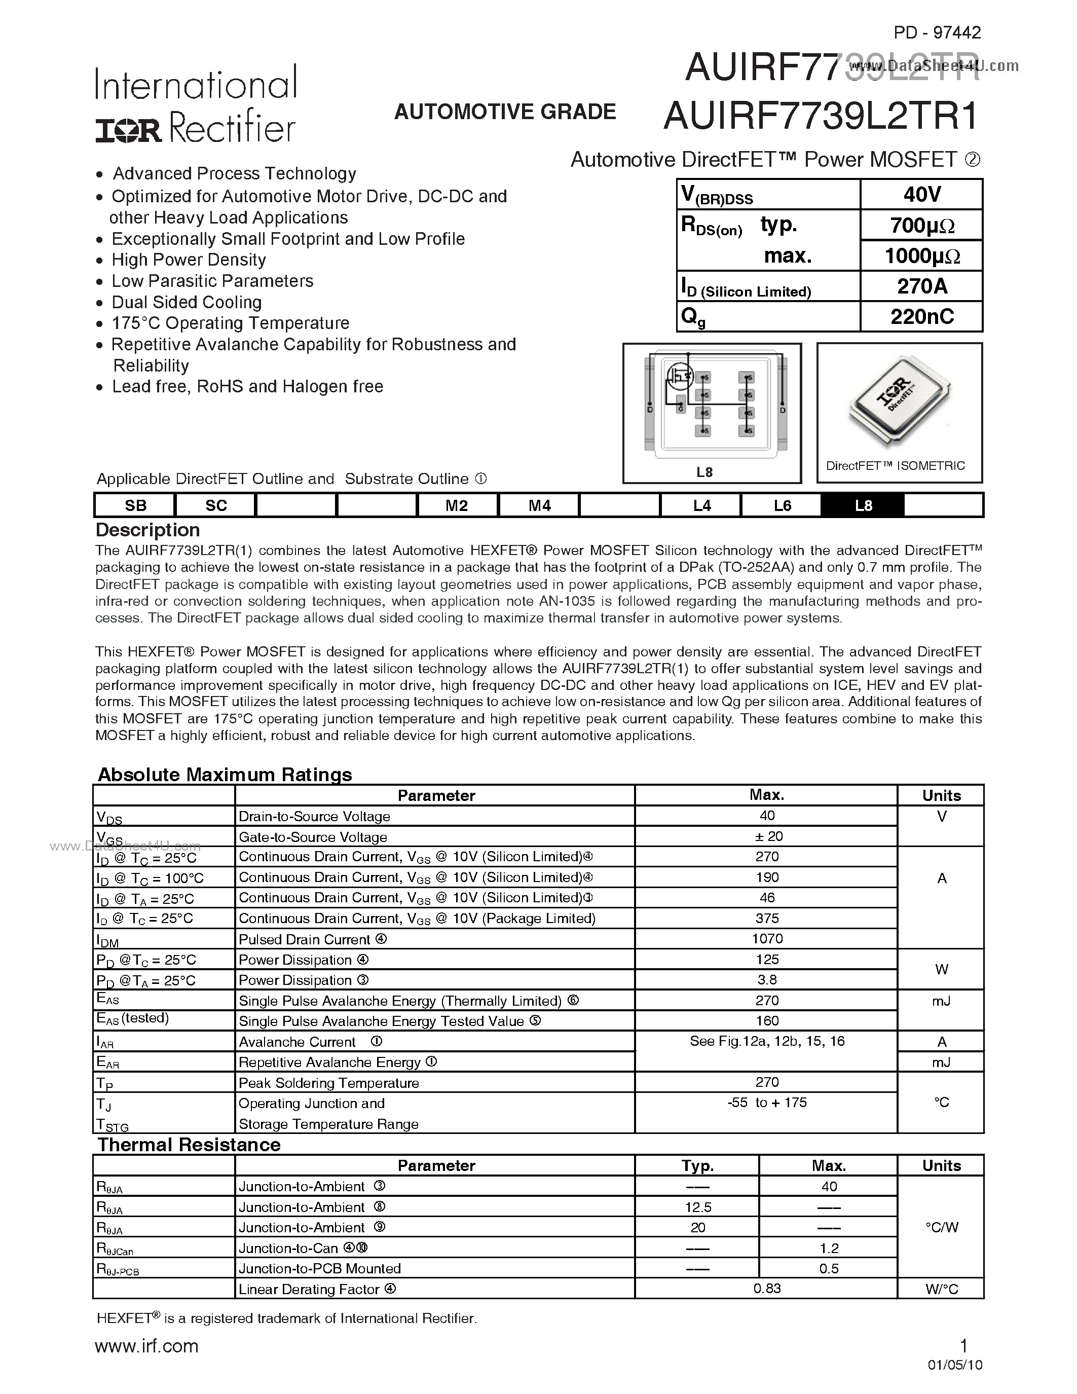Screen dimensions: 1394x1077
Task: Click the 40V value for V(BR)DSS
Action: [x=921, y=194]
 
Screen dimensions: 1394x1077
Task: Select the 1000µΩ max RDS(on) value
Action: [x=921, y=256]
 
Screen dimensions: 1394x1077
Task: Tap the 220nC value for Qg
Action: [x=921, y=317]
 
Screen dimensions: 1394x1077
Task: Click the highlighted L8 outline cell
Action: [x=863, y=505]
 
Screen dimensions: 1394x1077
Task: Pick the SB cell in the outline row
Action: [x=135, y=505]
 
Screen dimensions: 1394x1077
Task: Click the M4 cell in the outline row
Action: [x=539, y=505]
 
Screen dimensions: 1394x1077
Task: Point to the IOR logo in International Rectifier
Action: [x=129, y=130]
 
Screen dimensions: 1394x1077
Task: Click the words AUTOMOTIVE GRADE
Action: [x=505, y=112]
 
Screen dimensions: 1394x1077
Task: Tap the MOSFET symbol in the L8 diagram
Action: [x=680, y=376]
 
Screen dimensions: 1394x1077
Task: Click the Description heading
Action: [x=147, y=530]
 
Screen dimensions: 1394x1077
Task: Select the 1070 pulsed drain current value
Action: [x=766, y=938]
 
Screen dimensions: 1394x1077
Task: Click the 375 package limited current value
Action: [x=766, y=918]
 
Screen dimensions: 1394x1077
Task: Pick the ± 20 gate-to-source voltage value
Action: [x=766, y=836]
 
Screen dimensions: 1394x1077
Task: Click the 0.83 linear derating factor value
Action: [x=766, y=1288]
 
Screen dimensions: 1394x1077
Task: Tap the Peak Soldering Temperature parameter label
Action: [x=328, y=1083]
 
